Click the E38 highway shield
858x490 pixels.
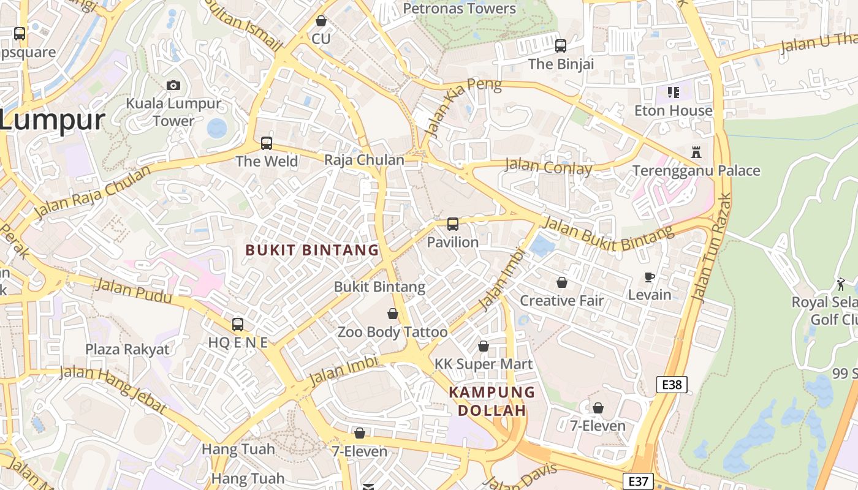(672, 385)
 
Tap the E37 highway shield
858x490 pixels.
(637, 481)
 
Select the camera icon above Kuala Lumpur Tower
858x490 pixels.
(173, 85)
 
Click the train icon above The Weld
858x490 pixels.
(267, 143)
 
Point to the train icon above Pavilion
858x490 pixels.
(453, 224)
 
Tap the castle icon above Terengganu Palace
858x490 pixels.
(696, 152)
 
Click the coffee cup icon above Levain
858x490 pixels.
(650, 277)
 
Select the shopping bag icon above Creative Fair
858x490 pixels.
(562, 282)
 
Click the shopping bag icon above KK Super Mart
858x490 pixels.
(484, 346)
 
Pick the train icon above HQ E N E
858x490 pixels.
(238, 325)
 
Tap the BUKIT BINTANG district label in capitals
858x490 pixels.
(313, 250)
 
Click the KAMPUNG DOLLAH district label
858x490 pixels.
(492, 401)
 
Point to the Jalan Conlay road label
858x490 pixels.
(549, 167)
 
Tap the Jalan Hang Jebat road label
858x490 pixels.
(113, 388)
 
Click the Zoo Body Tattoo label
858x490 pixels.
(393, 332)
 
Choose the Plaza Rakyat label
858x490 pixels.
(127, 349)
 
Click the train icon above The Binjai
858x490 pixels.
(561, 45)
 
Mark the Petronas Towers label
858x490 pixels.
(460, 9)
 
